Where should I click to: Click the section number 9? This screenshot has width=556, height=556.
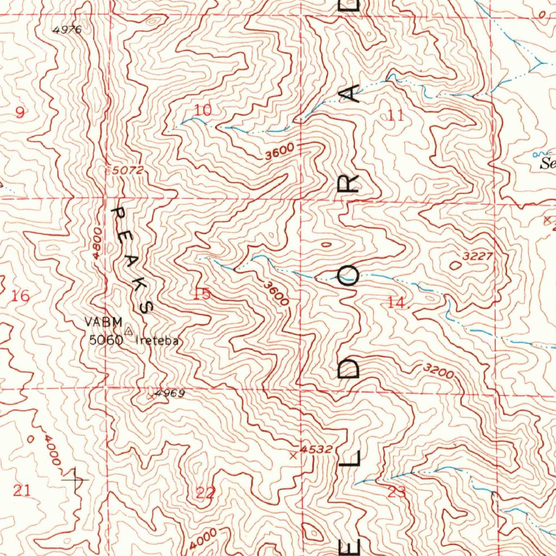[20, 113]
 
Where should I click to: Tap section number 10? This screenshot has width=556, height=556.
[203, 110]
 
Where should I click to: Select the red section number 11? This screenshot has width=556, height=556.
[396, 115]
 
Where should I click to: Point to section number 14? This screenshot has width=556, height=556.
[397, 304]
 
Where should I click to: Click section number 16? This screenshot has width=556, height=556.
[21, 296]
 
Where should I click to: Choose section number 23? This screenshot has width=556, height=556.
[397, 492]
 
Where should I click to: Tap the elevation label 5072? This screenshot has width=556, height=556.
[128, 170]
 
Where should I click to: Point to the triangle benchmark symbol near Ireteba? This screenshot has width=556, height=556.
[129, 331]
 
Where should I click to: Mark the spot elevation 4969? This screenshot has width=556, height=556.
[169, 393]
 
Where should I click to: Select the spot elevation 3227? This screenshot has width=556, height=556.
[477, 256]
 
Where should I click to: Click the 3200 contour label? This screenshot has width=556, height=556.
[438, 371]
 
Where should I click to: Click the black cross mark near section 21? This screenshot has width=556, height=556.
[75, 480]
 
